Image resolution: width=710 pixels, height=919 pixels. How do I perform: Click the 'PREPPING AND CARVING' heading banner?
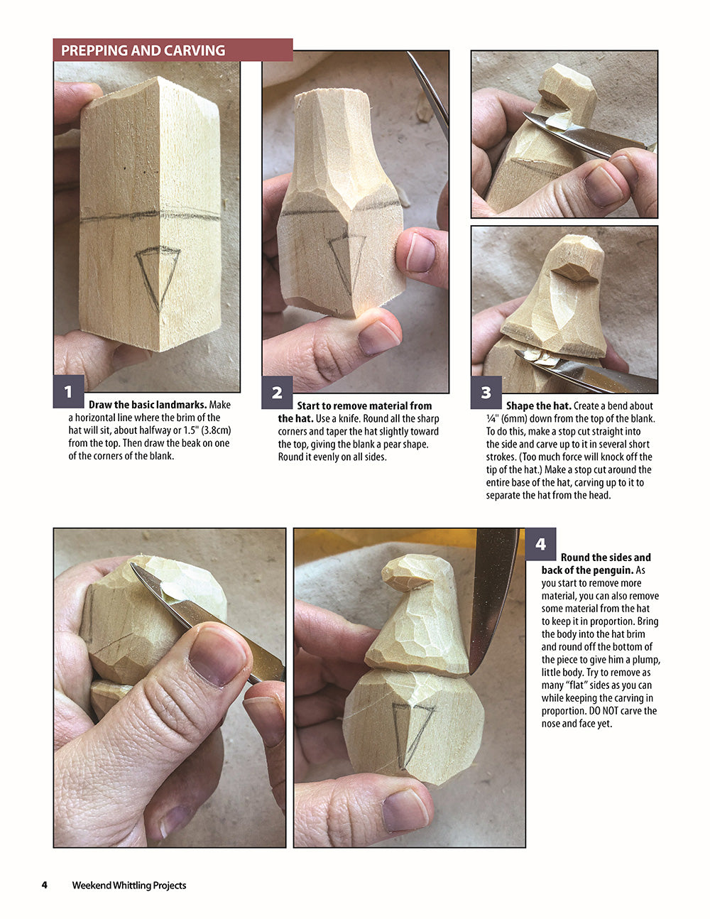[173, 50]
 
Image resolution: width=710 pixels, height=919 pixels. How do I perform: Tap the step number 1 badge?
[68, 392]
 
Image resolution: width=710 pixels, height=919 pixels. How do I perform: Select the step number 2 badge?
[277, 392]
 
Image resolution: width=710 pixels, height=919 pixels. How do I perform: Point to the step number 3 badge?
[486, 392]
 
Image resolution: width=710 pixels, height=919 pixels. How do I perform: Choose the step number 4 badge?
[541, 544]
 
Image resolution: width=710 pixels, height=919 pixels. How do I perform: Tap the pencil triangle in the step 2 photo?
[346, 259]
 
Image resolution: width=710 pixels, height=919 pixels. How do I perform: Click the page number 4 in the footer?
[44, 885]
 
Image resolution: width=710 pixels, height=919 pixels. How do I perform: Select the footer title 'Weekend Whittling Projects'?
[129, 885]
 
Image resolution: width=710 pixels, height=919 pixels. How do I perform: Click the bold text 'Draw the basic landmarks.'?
[148, 405]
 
